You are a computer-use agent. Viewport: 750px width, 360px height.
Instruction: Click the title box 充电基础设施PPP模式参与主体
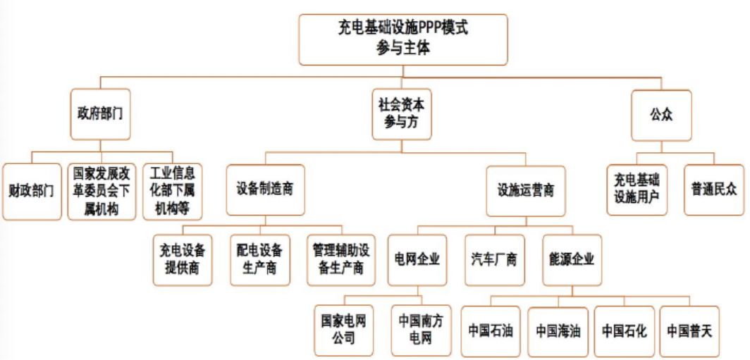click(x=402, y=38)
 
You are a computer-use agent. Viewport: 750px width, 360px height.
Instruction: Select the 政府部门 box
click(x=100, y=113)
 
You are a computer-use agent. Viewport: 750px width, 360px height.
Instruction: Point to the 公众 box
click(x=661, y=113)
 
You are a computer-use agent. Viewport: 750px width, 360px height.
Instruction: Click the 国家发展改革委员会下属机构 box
click(x=102, y=191)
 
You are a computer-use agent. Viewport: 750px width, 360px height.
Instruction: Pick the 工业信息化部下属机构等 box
click(x=172, y=191)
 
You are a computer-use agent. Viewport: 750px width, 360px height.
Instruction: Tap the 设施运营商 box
click(x=526, y=191)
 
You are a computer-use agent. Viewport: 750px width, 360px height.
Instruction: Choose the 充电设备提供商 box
click(x=183, y=259)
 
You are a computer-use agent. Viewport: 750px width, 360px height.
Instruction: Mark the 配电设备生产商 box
click(x=259, y=259)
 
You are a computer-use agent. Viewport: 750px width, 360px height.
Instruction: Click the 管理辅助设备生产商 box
click(x=338, y=259)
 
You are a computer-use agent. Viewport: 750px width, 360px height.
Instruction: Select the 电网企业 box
click(x=417, y=259)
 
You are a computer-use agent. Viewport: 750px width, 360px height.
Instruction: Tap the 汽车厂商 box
click(x=494, y=259)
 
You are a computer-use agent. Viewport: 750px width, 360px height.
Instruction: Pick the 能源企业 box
click(x=572, y=259)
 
